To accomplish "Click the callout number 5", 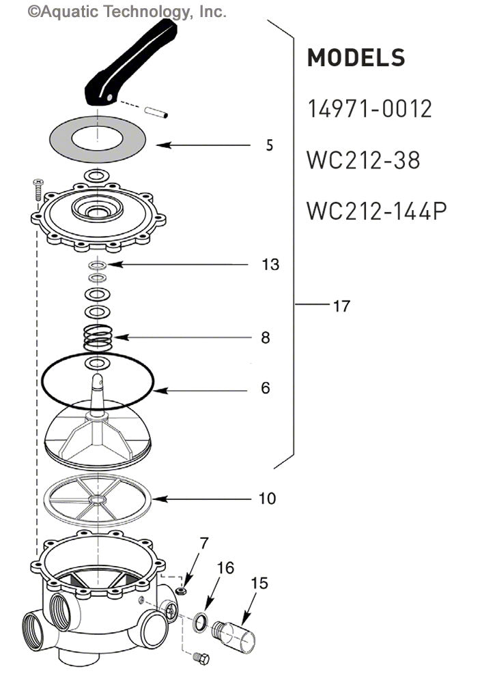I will pos(270,145).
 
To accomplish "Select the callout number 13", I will pos(270,265).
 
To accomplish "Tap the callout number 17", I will pos(341,306).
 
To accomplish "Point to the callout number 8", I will pos(266,338).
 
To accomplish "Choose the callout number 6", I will pos(266,388).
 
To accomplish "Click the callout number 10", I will pos(268,499).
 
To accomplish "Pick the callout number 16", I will pos(225,568).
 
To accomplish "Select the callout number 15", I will pos(259,584).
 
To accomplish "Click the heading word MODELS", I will pos(356,59).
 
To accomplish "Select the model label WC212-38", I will pos(363,160).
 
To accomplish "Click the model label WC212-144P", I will pos(376,211).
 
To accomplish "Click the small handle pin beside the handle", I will pos(156,110).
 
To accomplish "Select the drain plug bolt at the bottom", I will pos(201,658).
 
